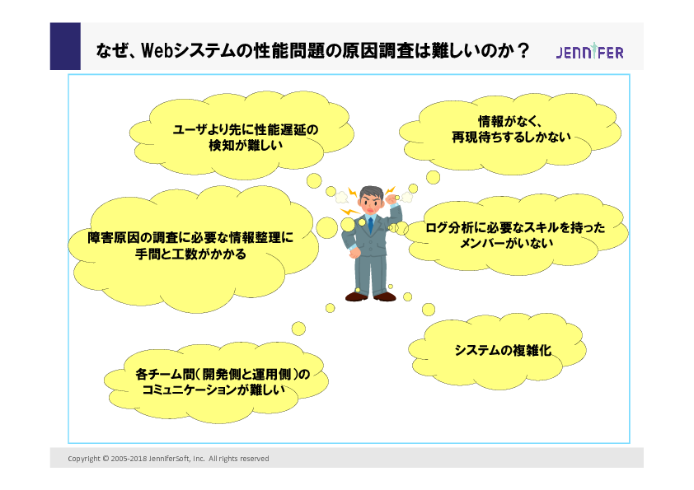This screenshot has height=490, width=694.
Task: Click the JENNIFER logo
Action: [589, 52]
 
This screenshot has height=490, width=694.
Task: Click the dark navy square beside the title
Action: [65, 46]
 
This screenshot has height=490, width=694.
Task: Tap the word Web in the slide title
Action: [157, 50]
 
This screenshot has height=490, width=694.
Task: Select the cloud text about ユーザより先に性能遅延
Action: [245, 137]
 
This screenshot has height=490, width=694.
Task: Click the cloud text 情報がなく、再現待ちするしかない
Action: [511, 129]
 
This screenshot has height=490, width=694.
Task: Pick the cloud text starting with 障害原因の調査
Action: [190, 245]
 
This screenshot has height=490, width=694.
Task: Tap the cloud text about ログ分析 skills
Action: [515, 236]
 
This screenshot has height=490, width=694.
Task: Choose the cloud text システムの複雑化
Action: [503, 350]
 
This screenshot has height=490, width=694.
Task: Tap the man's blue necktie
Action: [370, 225]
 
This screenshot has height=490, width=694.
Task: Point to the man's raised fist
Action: [392, 199]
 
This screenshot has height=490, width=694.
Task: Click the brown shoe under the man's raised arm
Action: [384, 296]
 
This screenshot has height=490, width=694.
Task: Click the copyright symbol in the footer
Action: [106, 459]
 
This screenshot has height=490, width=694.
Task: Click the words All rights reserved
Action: [238, 459]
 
